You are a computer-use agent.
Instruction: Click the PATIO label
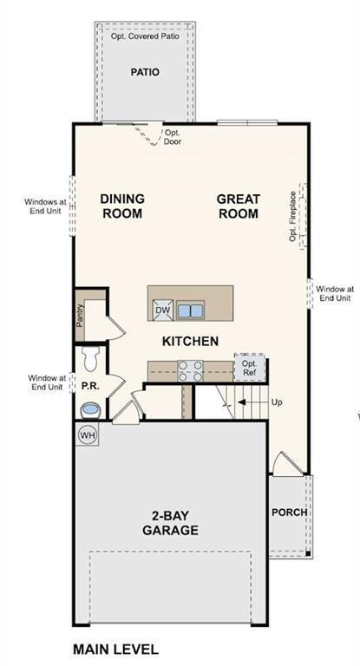click(x=145, y=72)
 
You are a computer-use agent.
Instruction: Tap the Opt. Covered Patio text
click(x=145, y=37)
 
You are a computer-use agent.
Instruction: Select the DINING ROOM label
click(x=122, y=206)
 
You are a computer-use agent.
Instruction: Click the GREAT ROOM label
click(x=238, y=206)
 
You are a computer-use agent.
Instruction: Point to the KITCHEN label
click(x=190, y=341)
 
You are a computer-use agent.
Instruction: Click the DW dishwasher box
click(x=162, y=310)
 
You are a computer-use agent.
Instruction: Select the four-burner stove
click(x=190, y=371)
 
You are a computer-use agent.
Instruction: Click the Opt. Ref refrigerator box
click(x=249, y=368)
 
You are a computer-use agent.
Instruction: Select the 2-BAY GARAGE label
click(x=170, y=523)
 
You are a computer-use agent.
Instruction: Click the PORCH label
click(x=289, y=512)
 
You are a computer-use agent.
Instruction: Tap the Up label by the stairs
click(x=277, y=402)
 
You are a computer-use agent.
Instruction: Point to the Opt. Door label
click(x=173, y=137)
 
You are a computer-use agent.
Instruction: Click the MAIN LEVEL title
click(x=115, y=649)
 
